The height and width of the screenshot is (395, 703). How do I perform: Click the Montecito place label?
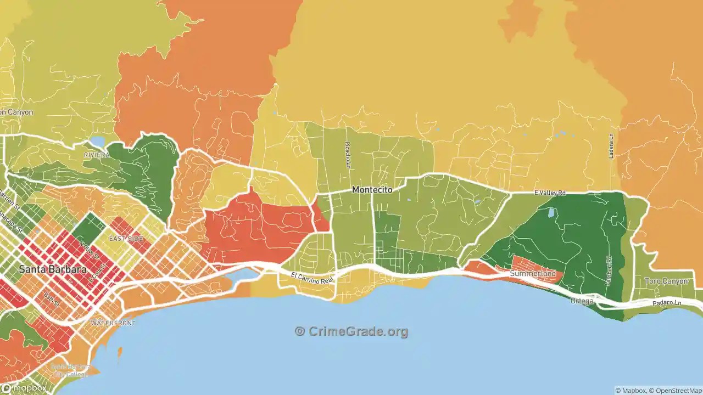click(372, 190)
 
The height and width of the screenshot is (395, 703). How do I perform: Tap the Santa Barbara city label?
click(52, 269)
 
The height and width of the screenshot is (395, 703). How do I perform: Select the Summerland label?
click(532, 273)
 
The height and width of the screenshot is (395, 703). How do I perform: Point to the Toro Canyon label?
click(666, 281)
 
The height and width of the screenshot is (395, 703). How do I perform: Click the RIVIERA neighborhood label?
click(97, 155)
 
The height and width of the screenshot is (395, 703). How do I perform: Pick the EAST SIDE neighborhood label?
click(126, 239)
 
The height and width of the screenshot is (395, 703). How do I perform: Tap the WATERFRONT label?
click(113, 323)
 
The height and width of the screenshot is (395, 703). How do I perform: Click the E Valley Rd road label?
click(550, 193)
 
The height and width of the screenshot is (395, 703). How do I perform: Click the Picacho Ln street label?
click(347, 155)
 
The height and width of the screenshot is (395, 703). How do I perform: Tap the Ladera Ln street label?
click(611, 146)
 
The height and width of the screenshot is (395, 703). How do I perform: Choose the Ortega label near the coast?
click(582, 301)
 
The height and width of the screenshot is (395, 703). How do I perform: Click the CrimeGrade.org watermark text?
click(351, 331)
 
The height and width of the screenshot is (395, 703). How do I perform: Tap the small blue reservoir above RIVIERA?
click(98, 142)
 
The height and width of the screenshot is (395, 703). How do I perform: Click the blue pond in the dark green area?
click(551, 212)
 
